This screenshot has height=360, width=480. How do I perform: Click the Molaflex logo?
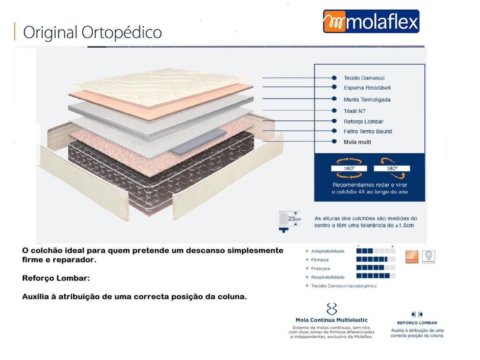click(371, 21)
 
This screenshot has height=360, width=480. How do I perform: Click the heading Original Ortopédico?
click(92, 32)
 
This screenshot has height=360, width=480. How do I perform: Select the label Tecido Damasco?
click(364, 78)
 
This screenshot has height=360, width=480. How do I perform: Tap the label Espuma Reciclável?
click(367, 88)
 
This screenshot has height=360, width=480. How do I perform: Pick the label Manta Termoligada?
click(367, 99)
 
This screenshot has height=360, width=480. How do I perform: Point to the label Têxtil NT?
click(355, 111)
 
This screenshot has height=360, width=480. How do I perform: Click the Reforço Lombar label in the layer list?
click(363, 122)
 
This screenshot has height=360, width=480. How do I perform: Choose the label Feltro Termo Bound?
click(368, 131)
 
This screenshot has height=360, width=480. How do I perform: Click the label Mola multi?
click(357, 142)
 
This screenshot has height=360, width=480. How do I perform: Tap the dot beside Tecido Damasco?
click(334, 78)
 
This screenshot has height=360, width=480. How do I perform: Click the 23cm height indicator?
click(289, 220)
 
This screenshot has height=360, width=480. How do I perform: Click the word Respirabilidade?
click(328, 277)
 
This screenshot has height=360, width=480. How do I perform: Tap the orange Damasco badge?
click(411, 257)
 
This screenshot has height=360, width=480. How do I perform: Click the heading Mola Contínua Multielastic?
click(332, 320)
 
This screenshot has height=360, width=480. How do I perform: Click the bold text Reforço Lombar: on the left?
click(56, 278)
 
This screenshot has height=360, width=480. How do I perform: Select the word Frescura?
click(320, 268)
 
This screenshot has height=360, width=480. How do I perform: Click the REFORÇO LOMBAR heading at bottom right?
click(417, 323)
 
